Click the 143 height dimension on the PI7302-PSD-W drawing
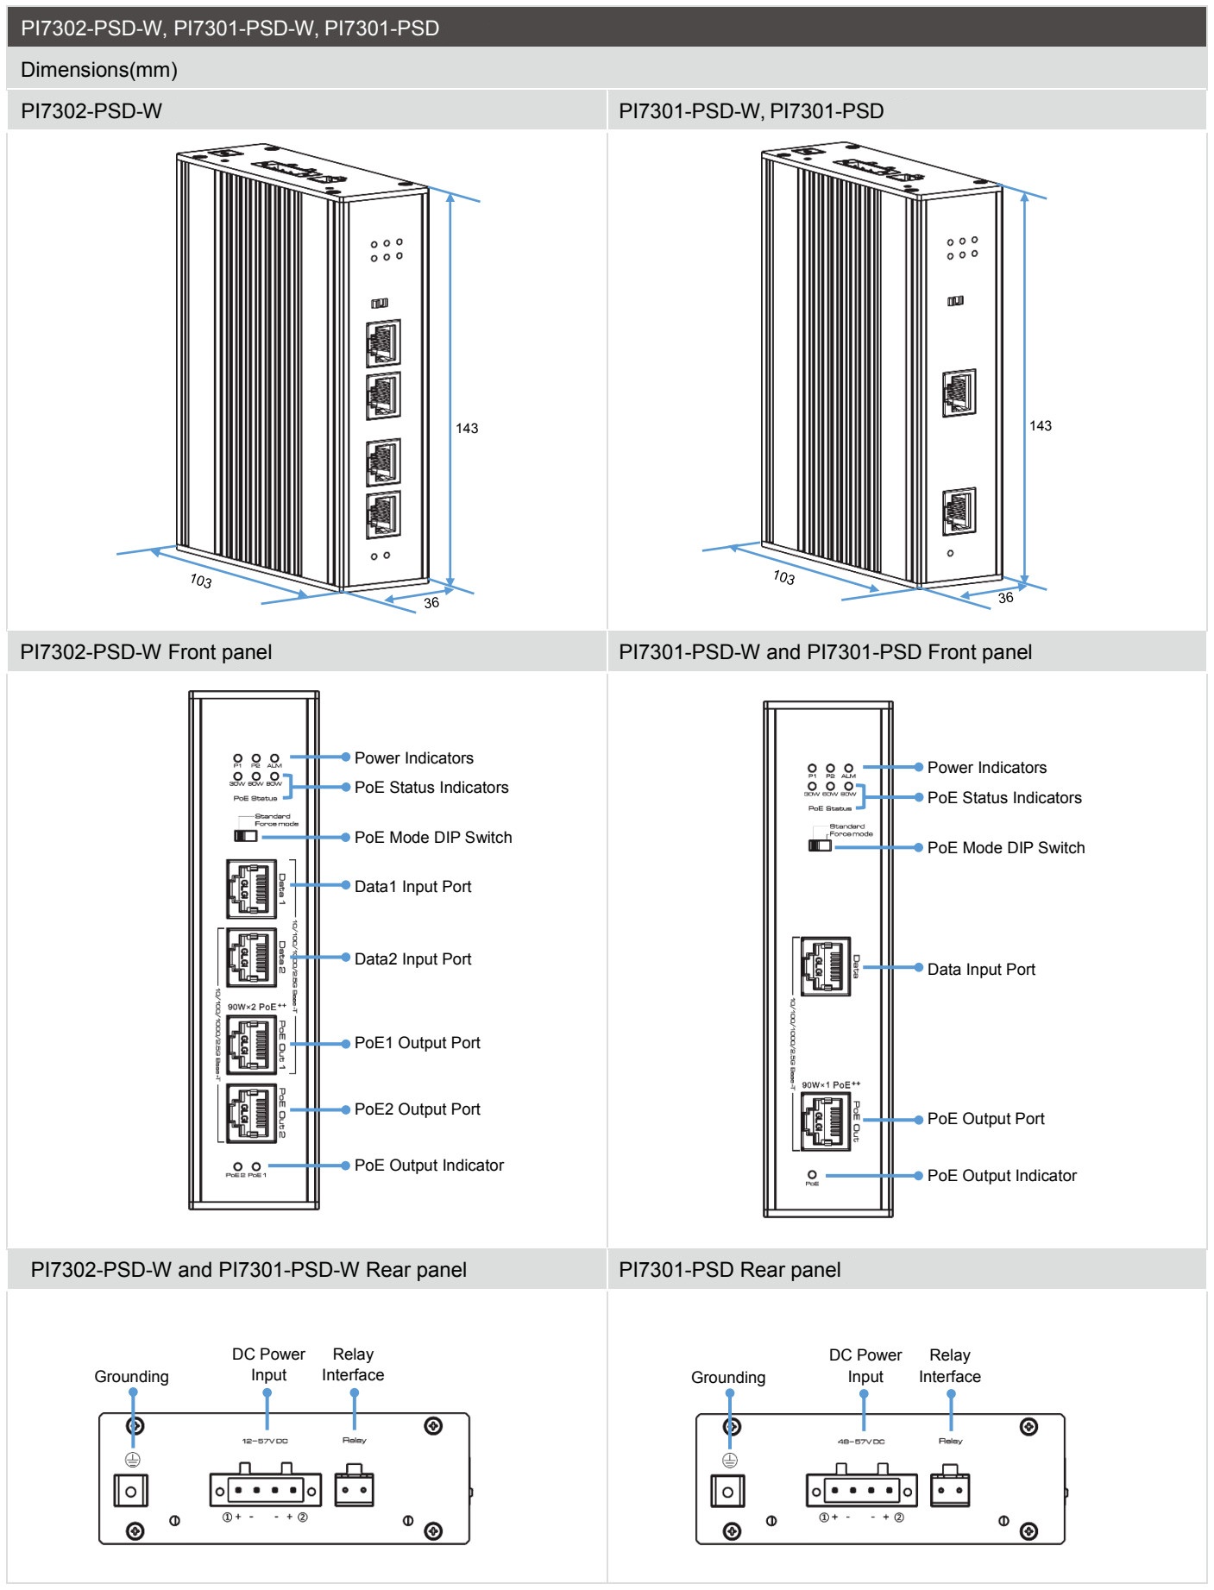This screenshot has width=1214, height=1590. pos(467,429)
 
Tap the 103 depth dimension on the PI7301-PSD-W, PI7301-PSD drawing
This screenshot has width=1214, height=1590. pos(783,577)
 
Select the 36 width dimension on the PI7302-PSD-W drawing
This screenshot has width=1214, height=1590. pos(431,603)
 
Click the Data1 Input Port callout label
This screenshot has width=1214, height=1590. pos(412,887)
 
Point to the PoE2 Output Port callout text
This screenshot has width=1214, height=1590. pos(417,1109)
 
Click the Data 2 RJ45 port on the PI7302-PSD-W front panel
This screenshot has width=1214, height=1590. pos(251,958)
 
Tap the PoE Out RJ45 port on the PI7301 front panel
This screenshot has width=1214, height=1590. pos(826,1121)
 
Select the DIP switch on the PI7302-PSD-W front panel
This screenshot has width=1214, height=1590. pos(245,836)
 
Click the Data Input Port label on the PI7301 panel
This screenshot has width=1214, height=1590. pos(981,970)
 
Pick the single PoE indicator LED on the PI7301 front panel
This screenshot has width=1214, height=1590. pos(812,1175)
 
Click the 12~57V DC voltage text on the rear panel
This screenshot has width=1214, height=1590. pos(265,1441)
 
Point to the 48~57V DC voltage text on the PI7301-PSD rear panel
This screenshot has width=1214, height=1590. pos(861,1442)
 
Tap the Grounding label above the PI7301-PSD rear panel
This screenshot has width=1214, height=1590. pos(727,1378)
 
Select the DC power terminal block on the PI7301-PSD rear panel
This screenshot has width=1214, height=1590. pos(861,1491)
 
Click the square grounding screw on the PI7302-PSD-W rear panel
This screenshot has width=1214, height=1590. pos(131,1492)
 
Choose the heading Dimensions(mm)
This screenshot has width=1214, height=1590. pos(99,70)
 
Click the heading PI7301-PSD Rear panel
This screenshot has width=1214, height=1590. pos(729,1270)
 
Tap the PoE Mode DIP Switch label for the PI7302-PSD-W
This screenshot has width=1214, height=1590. pos(432,838)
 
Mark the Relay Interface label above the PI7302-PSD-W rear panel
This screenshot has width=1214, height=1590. pos(353,1365)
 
